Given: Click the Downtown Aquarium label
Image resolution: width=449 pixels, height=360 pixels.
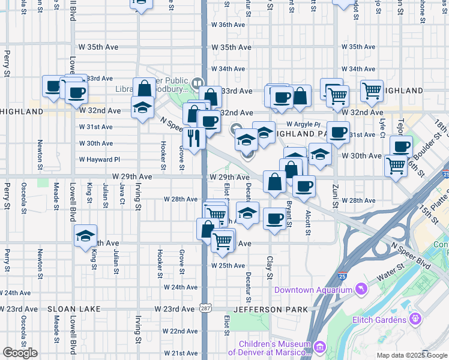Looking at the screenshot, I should [313, 290].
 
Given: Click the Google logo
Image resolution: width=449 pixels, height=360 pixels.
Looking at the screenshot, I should [20, 353].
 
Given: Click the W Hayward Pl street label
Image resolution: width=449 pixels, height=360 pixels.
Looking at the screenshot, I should [100, 160].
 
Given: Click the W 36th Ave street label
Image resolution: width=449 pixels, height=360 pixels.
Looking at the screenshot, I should [228, 25].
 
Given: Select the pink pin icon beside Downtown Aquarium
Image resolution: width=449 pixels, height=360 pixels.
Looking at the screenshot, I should [360, 289].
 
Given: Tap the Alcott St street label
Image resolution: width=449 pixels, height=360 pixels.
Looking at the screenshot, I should [308, 221].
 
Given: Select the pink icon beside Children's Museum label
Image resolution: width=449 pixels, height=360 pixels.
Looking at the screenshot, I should [319, 347].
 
